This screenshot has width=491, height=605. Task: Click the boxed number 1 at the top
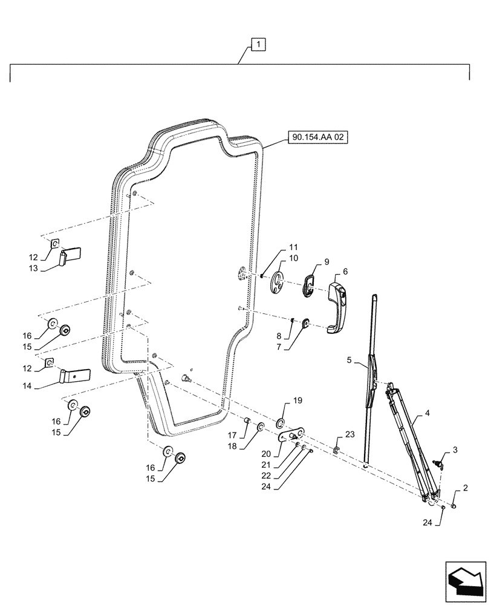click(258, 44)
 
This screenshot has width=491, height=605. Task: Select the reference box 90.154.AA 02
click(319, 138)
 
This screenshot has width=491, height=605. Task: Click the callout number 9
click(327, 262)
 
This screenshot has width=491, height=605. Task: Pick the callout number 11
click(293, 247)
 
